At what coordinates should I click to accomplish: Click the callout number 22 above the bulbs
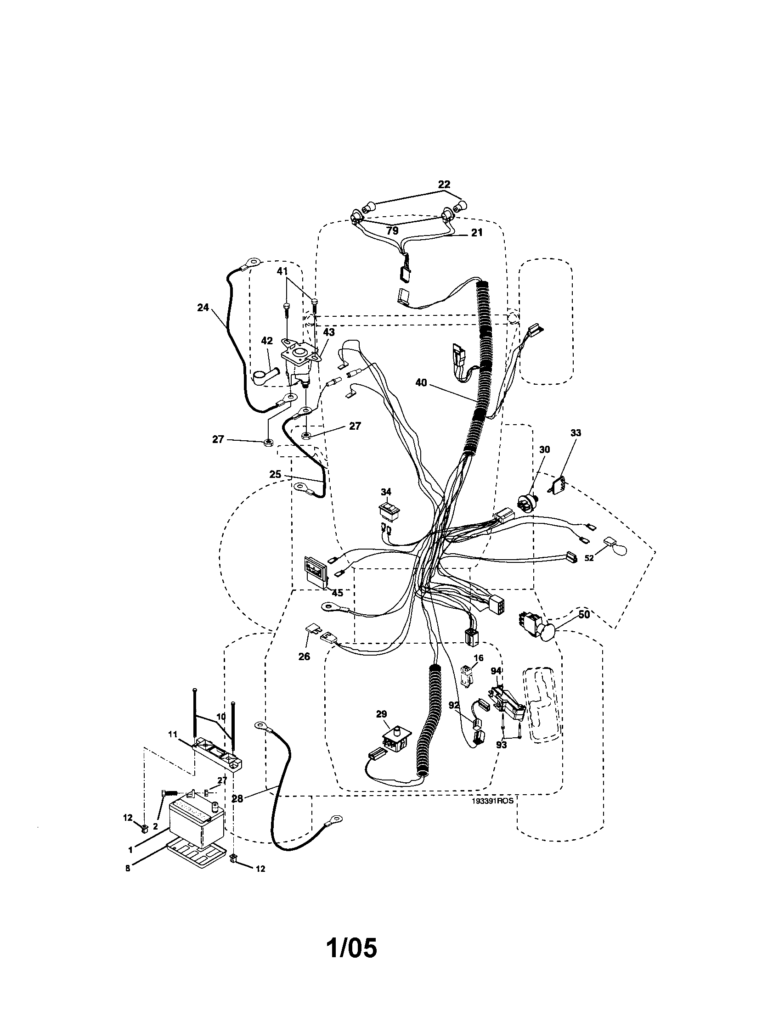pyautogui.click(x=444, y=185)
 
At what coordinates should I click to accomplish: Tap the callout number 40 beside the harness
pyautogui.click(x=421, y=382)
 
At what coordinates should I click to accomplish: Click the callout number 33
pyautogui.click(x=576, y=433)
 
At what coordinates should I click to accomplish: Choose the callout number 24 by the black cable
pyautogui.click(x=203, y=308)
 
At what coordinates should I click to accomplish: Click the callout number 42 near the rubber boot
pyautogui.click(x=266, y=341)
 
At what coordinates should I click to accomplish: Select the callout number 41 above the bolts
pyautogui.click(x=282, y=270)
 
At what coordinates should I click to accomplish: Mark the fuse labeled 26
pyautogui.click(x=311, y=630)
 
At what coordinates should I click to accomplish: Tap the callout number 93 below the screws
pyautogui.click(x=501, y=745)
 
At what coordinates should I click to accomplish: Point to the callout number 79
pyautogui.click(x=392, y=230)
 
